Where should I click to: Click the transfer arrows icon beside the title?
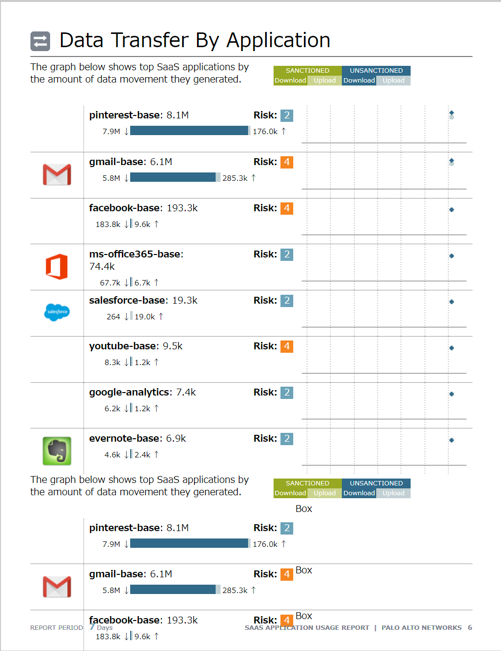coord(40,41)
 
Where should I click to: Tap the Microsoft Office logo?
coord(57,267)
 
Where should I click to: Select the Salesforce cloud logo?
coord(57,312)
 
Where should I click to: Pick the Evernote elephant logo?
coord(57,451)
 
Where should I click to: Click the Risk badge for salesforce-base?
coord(287,301)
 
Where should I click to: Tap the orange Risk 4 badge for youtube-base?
coord(287,346)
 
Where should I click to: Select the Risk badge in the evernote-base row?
coord(287,439)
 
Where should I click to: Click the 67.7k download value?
coord(110,283)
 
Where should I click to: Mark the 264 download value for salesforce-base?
coord(113,317)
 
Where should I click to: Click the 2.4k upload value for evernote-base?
coord(142,455)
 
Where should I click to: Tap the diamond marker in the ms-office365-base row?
coord(451,256)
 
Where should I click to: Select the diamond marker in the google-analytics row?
coord(451,394)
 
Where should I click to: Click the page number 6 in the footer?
coord(470,628)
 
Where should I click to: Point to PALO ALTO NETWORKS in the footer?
coord(421,628)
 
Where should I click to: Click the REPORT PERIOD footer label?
coord(56,628)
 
